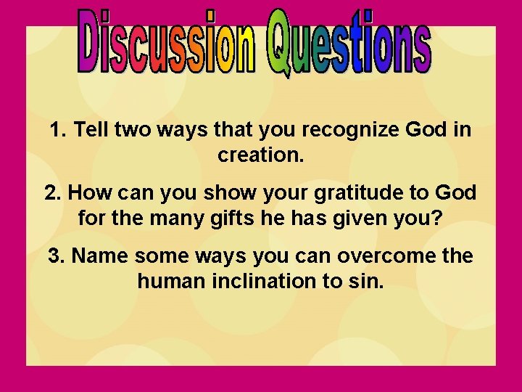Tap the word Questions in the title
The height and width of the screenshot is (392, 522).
348,44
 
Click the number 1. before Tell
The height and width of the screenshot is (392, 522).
59,131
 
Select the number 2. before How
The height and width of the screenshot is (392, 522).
53,193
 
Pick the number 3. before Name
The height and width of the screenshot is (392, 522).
57,256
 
